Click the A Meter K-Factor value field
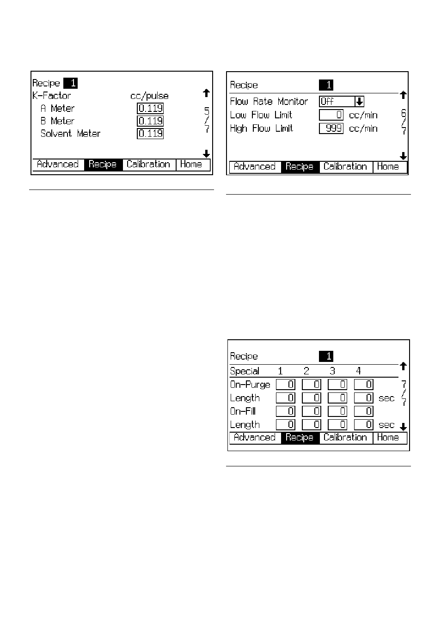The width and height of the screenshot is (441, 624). [150, 108]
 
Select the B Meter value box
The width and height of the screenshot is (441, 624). [150, 121]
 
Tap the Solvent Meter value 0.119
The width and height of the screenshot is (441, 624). [150, 134]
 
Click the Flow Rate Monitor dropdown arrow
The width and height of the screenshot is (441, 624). [359, 102]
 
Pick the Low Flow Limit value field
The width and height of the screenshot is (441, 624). [331, 115]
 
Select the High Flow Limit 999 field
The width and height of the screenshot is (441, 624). [331, 128]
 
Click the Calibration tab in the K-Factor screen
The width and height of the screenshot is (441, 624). [148, 165]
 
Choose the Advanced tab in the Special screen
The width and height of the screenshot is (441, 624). [255, 437]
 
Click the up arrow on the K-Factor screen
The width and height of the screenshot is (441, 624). [206, 93]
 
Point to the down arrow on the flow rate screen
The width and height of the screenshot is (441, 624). [403, 156]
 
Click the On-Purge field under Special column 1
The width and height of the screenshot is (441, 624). [286, 385]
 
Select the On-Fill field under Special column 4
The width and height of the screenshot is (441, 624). [363, 411]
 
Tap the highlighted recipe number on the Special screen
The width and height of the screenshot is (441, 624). [326, 356]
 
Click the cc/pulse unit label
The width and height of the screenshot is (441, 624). [150, 96]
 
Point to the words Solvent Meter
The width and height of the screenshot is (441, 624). [70, 134]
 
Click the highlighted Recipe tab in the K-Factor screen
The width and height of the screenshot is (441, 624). [103, 165]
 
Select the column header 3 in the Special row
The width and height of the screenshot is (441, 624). [332, 371]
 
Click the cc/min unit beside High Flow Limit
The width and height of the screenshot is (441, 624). [363, 128]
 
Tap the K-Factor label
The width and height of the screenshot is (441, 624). [51, 96]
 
